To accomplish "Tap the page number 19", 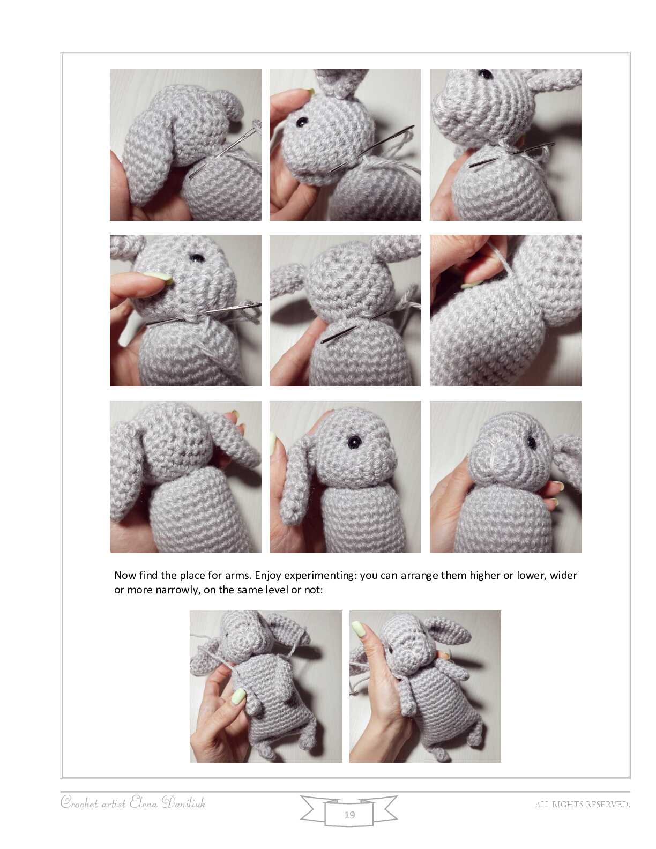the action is [x=349, y=815].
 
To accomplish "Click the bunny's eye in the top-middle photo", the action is [x=301, y=122].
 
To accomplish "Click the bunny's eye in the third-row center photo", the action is [x=354, y=442].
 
